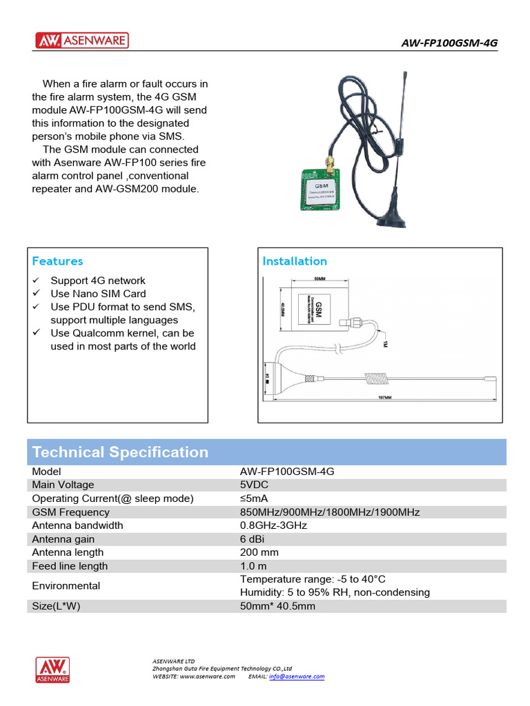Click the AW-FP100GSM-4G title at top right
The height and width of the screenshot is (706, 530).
tap(449, 43)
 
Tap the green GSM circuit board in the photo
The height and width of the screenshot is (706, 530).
tap(321, 191)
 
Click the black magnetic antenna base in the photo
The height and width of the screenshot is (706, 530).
tap(394, 218)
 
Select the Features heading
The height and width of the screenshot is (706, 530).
tap(57, 261)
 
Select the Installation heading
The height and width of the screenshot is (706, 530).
tap(295, 261)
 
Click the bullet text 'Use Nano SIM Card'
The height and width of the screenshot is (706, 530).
tap(98, 294)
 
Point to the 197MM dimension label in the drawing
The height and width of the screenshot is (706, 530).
tap(384, 398)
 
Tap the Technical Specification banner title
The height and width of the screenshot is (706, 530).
tap(120, 452)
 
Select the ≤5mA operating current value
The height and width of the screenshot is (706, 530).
tap(254, 498)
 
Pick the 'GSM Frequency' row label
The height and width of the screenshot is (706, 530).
tap(70, 512)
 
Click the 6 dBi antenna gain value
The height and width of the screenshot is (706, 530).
tap(253, 539)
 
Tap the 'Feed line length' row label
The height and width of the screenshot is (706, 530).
tap(70, 566)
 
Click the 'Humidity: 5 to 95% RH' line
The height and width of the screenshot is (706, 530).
tap(335, 592)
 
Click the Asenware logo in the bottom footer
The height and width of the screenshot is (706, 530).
tap(52, 669)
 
